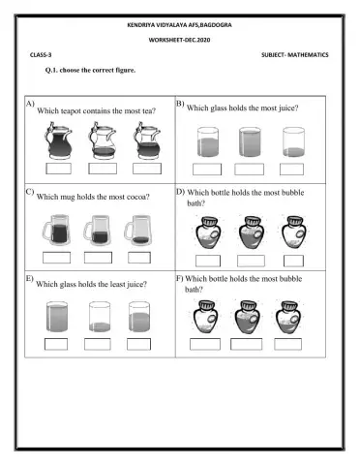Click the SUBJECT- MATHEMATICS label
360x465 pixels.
pyautogui.click(x=294, y=55)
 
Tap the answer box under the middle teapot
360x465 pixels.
pyautogui.click(x=102, y=169)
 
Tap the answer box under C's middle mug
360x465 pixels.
pyautogui.click(x=99, y=257)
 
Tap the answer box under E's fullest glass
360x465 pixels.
pyautogui.click(x=56, y=343)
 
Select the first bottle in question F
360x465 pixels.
pyautogui.click(x=206, y=317)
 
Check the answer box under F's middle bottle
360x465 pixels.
pyautogui.click(x=249, y=343)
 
